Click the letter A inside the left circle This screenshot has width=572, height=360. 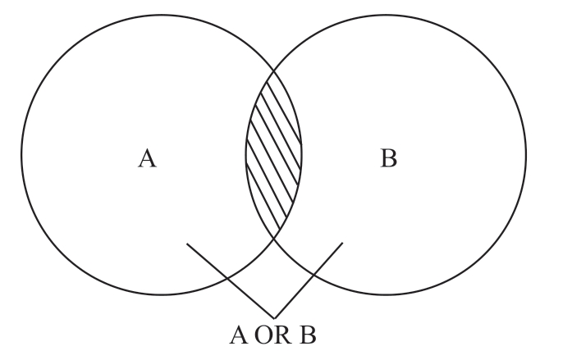pyautogui.click(x=147, y=158)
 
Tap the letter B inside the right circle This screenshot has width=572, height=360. pyautogui.click(x=388, y=158)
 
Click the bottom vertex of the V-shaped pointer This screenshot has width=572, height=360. pyautogui.click(x=273, y=317)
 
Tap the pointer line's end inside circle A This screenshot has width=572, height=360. pyautogui.click(x=187, y=244)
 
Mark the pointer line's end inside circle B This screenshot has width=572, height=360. pyautogui.click(x=342, y=243)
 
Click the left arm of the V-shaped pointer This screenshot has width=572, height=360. pyautogui.click(x=230, y=280)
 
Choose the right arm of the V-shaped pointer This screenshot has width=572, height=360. pyautogui.click(x=308, y=280)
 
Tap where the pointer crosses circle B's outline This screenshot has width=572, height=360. pyautogui.click(x=313, y=274)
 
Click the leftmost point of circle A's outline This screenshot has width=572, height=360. pyautogui.click(x=21, y=154)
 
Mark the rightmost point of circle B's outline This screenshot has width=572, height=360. pyautogui.click(x=526, y=154)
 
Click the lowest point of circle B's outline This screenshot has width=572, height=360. pyautogui.click(x=386, y=294)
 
